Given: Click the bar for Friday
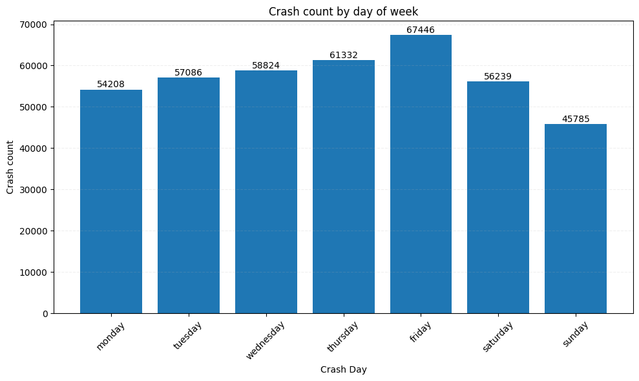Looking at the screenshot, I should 421,174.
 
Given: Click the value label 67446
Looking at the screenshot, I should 421,30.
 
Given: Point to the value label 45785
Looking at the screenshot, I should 575,119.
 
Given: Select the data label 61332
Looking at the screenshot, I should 343,56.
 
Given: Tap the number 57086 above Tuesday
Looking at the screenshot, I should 188,73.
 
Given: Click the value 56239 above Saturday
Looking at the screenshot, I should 498,76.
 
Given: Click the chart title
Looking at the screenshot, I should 343,12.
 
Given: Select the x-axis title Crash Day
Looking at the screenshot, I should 343,369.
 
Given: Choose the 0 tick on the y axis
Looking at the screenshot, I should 45,314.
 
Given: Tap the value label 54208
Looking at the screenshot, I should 111,85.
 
